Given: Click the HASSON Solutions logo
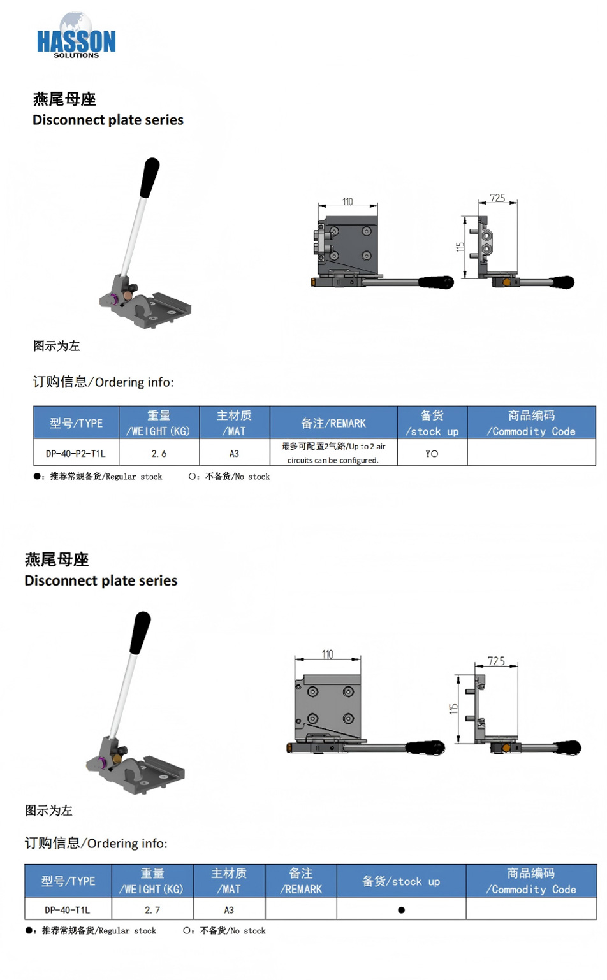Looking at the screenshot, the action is pos(76,36).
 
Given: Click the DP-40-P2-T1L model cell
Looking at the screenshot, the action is pos(76,454).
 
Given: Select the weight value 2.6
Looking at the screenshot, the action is pos(159,454).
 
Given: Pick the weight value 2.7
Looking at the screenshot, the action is pos(152,910).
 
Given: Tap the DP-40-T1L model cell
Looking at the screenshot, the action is pos(68,910).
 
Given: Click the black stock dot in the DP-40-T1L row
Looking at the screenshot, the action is pos(401,910).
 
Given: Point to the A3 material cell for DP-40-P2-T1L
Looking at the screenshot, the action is pos(234,454).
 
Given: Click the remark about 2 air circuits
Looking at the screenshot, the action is pos(333,453).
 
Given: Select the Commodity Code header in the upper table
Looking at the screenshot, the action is pos(531,422).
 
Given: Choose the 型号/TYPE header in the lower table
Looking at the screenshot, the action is pos(68,881).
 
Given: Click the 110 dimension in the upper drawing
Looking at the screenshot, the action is pos(347,201).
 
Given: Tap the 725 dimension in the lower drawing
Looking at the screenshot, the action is pos(496,661).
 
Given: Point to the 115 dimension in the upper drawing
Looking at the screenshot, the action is pos(460,247).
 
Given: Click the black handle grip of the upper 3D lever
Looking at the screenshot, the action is pos(149,177).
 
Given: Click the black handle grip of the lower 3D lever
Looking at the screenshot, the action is pos(140,632).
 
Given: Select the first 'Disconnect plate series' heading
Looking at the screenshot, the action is pos(108,120).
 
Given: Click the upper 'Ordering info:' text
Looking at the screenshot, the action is pos(134,382).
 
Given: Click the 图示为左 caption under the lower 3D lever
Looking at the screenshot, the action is pos(48,811).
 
